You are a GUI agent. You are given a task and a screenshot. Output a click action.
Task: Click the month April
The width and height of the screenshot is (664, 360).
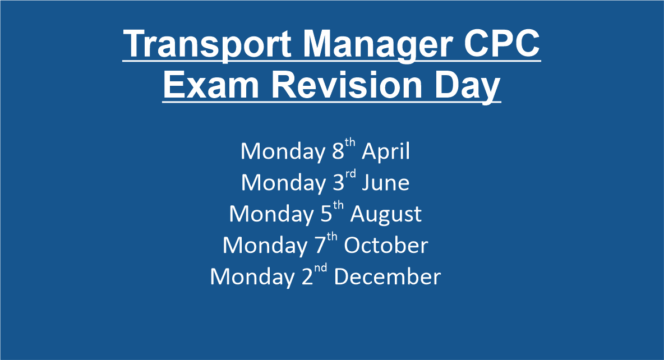pos(386,152)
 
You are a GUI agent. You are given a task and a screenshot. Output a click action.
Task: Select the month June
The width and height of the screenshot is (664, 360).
pos(385,183)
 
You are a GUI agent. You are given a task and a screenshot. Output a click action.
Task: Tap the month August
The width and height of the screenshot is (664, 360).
pos(386,214)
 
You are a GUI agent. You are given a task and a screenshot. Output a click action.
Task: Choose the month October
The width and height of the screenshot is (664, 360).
pos(386,245)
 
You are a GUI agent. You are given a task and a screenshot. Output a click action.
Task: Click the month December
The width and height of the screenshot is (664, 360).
pos(388,276)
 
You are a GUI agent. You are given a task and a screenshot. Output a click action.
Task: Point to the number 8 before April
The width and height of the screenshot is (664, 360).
pos(338,151)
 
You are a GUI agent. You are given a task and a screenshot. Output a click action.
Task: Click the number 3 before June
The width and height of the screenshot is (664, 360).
pos(338,183)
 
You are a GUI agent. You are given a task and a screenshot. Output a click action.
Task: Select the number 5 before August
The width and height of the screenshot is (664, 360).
pos(326,214)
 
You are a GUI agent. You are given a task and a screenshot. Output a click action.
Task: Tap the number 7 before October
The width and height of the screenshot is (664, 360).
pos(320,245)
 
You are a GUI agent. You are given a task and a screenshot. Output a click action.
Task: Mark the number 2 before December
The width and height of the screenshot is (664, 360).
pos(307,276)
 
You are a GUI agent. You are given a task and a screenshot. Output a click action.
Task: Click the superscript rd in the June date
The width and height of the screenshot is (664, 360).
pos(350,174)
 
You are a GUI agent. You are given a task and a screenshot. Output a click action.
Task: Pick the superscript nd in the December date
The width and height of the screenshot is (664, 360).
pos(321,267)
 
